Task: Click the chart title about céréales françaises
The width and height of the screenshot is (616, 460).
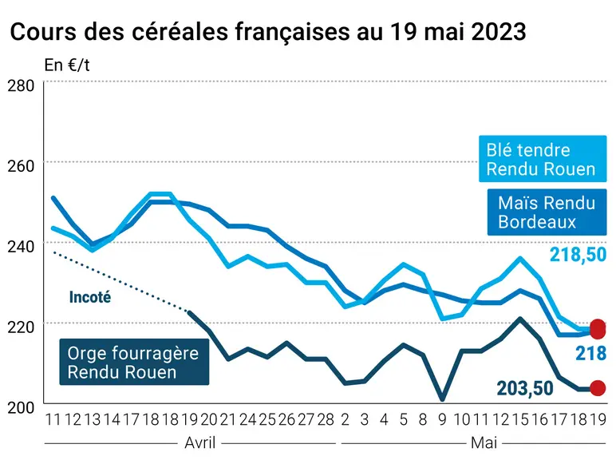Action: [x=268, y=31]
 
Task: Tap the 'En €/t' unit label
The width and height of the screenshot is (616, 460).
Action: [x=67, y=65]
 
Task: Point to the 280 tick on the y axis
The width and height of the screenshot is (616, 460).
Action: [x=21, y=85]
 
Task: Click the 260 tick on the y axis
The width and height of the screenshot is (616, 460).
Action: [x=21, y=166]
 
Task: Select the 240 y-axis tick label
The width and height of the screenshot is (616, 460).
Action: [x=21, y=247]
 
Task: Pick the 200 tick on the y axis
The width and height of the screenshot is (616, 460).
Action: [x=21, y=407]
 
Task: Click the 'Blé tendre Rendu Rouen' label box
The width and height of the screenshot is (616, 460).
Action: [x=543, y=159]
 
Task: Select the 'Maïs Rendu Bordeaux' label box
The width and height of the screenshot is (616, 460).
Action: [x=547, y=212]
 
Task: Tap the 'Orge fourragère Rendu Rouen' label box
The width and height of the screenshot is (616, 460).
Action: [x=134, y=362]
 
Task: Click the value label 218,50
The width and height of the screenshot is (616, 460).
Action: [x=578, y=255]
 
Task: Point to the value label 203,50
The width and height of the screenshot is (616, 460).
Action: [x=525, y=388]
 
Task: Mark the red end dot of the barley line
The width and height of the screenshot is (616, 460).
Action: [x=598, y=388]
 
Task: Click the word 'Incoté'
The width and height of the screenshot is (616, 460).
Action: [x=90, y=297]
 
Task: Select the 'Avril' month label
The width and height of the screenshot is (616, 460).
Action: [x=200, y=443]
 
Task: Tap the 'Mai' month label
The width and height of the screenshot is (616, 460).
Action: [x=484, y=443]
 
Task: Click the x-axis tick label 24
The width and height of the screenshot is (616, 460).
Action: [x=247, y=420]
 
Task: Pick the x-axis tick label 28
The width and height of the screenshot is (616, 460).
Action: [x=326, y=420]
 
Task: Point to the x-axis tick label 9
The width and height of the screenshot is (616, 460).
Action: [x=442, y=420]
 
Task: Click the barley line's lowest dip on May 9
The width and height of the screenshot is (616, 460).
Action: [x=442, y=399]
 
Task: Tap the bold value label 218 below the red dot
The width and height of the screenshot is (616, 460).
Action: [x=590, y=354]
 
